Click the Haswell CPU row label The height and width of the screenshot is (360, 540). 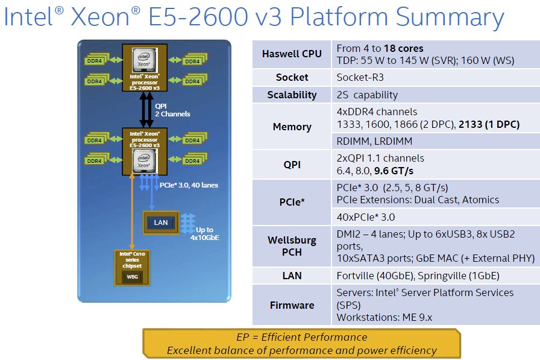click(x=292, y=54)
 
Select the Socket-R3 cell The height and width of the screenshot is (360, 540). click(x=360, y=77)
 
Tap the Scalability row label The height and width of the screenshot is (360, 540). click(x=292, y=95)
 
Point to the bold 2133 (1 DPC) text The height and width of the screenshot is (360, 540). click(x=489, y=124)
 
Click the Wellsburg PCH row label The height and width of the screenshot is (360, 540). click(x=292, y=246)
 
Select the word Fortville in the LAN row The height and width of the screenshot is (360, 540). click(x=358, y=276)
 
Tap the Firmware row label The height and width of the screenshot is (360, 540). click(x=292, y=305)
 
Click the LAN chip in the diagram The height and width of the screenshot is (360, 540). click(x=161, y=223)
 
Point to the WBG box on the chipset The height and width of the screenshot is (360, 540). click(x=131, y=277)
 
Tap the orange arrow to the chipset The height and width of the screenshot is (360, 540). click(x=131, y=211)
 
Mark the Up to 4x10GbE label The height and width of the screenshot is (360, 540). click(x=204, y=234)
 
